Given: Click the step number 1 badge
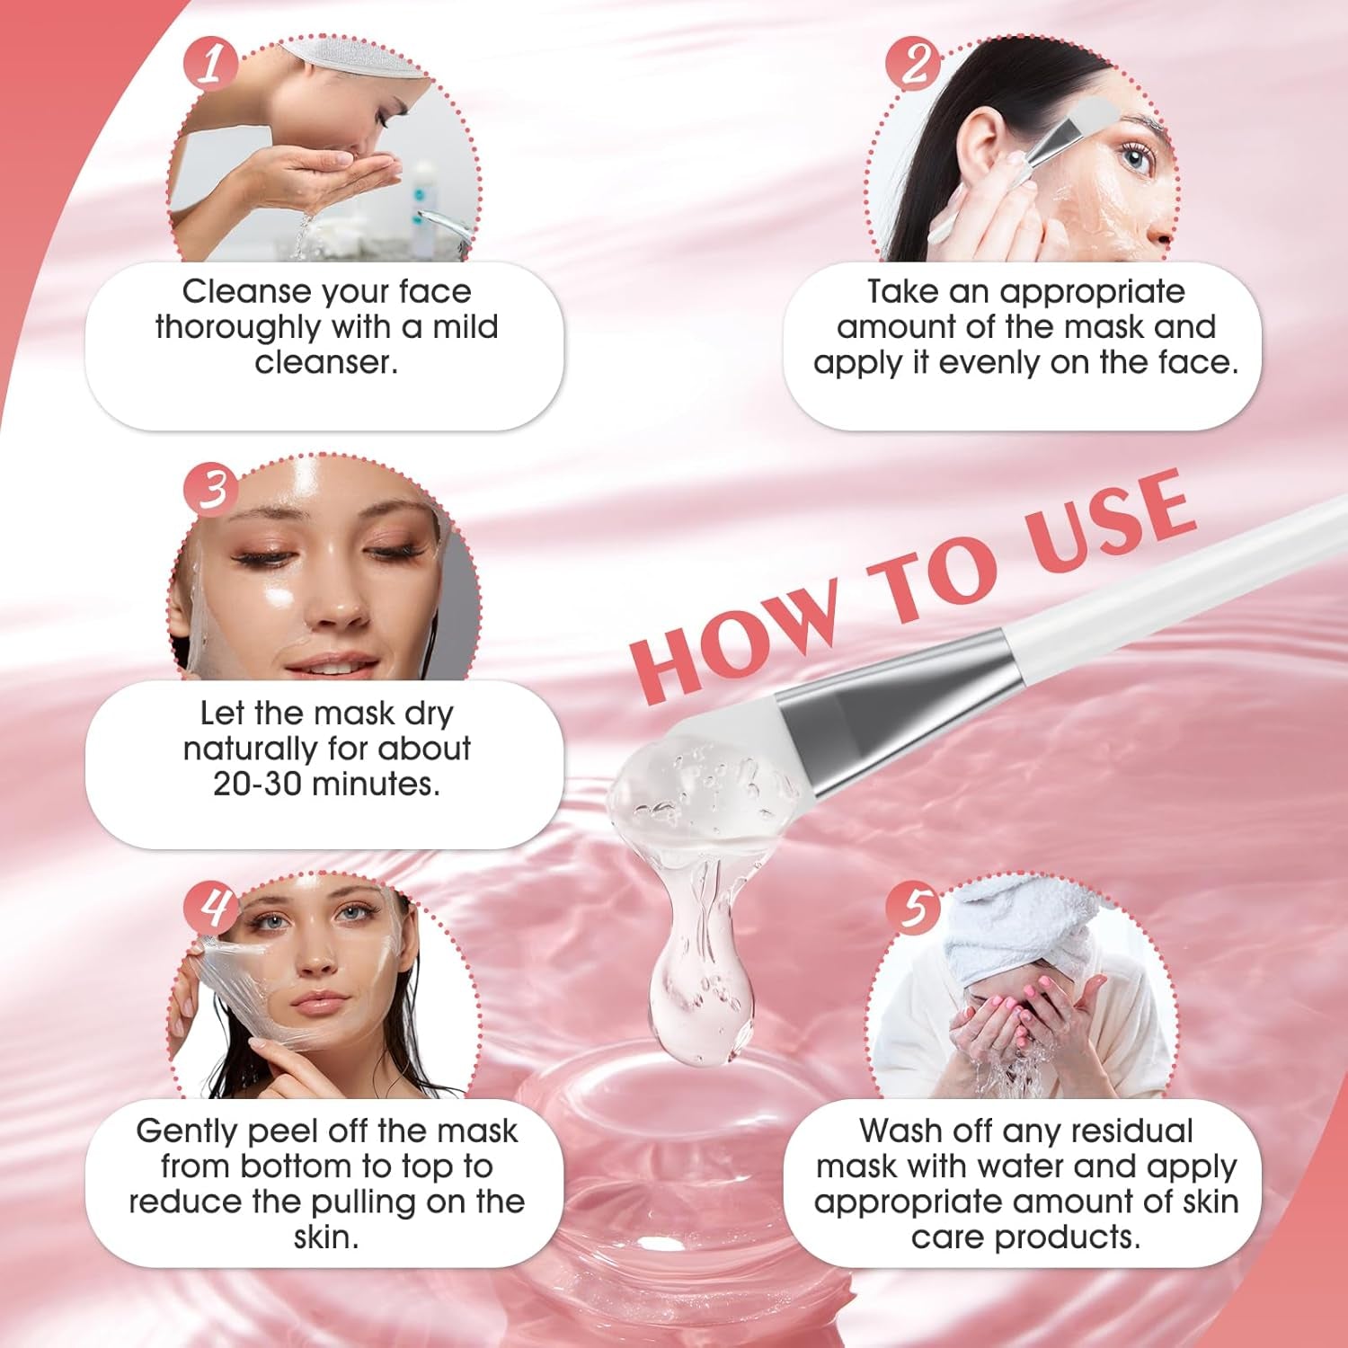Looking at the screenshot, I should pos(210,64).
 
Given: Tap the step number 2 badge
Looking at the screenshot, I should pos(913,64).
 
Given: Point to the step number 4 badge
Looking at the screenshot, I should pos(210,907).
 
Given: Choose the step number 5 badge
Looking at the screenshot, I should pos(913,907).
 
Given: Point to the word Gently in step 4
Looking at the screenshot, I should pos(187,1131).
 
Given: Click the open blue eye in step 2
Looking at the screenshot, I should pos(1136,160).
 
